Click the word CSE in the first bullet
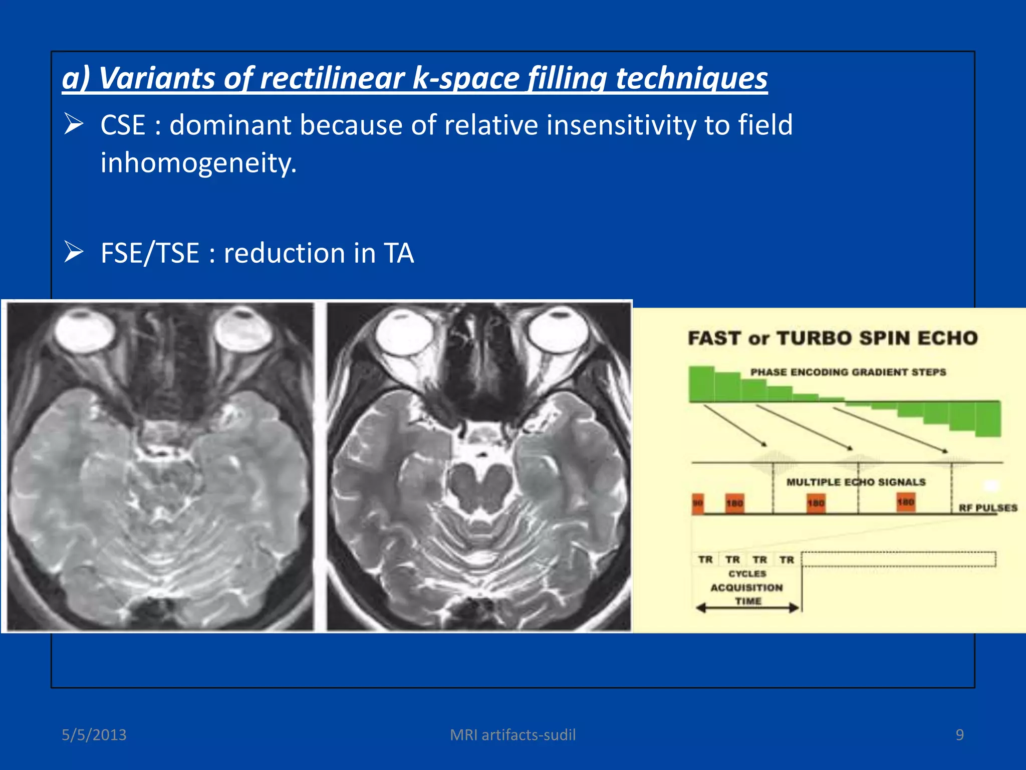123,125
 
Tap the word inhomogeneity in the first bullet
198,163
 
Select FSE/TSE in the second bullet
150,253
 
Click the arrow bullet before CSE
74,124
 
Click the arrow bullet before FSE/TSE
74,252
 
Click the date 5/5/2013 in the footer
94,735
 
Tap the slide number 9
959,735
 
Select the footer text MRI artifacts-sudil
512,735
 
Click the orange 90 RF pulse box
698,503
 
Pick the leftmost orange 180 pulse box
734,503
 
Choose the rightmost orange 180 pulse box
906,502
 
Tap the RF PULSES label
988,508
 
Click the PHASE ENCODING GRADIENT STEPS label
848,372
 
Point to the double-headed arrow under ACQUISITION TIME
747,609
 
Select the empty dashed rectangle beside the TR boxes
898,559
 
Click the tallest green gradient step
701,383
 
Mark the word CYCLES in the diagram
747,573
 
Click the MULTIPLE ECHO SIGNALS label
856,482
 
